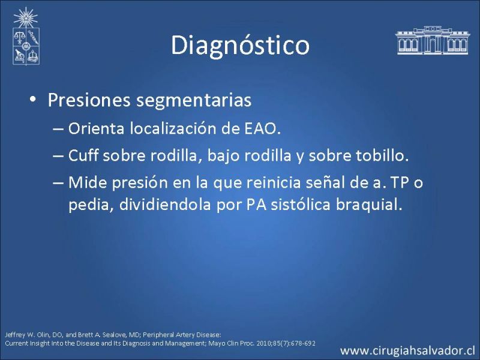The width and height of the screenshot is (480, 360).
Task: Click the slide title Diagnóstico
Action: point(240,46)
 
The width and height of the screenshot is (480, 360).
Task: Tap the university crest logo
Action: point(26,36)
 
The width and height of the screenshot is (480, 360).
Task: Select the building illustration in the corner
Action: point(433,40)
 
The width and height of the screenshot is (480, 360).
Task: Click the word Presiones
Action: point(89,100)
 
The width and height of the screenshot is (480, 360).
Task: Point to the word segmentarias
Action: point(194,101)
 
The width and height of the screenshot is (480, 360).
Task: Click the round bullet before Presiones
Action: point(33,100)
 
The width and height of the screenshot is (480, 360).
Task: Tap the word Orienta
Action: point(96,128)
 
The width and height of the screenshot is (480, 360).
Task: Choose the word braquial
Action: point(369,205)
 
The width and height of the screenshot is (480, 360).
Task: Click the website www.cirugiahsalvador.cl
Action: point(407,350)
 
